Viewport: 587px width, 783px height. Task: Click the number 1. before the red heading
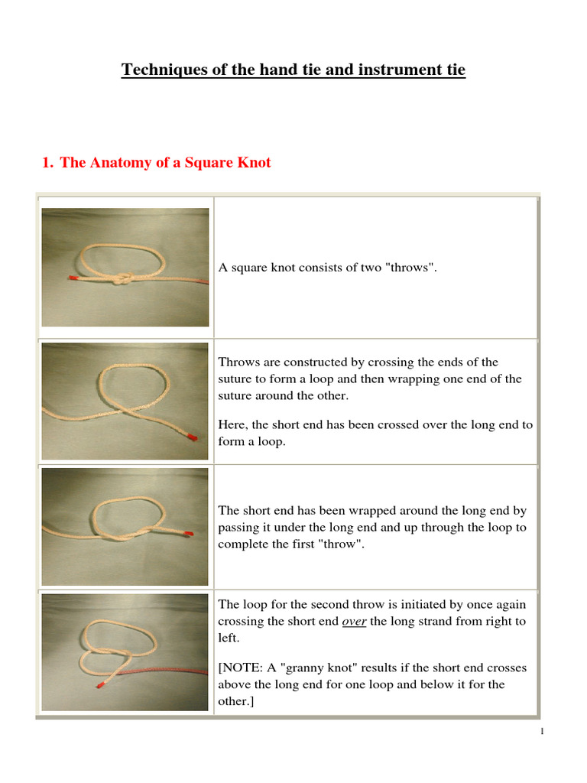(x=47, y=163)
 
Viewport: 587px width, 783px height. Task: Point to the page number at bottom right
(x=542, y=733)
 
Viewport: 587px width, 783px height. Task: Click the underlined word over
(x=355, y=622)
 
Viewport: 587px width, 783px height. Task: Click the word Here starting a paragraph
(x=231, y=424)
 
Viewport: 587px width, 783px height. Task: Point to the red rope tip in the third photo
(x=188, y=533)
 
